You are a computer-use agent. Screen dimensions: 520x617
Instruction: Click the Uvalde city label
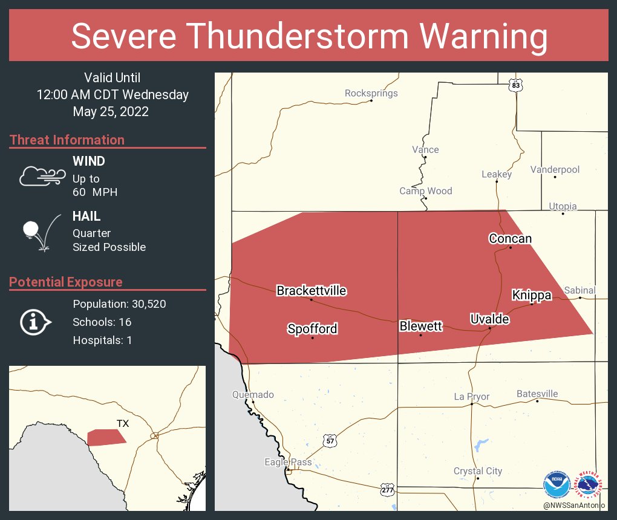pyautogui.click(x=490, y=319)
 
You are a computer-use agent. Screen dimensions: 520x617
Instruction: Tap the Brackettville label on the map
pyautogui.click(x=311, y=291)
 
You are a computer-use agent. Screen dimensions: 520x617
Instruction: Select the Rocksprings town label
pyautogui.click(x=371, y=93)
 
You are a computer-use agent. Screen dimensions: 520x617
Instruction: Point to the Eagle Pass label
pyautogui.click(x=288, y=462)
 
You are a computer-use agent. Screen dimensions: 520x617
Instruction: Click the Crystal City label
pyautogui.click(x=477, y=471)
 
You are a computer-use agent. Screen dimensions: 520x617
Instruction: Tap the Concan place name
pyautogui.click(x=510, y=238)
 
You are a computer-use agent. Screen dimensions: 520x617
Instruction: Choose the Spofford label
pyautogui.click(x=312, y=329)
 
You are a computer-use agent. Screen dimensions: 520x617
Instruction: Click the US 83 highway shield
pyautogui.click(x=515, y=85)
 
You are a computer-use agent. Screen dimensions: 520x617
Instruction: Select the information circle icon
pyautogui.click(x=35, y=322)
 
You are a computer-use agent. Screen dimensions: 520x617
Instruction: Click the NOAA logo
pyautogui.click(x=556, y=485)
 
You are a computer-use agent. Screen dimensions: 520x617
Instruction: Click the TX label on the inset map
pyautogui.click(x=123, y=424)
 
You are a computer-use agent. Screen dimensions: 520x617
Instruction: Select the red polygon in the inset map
pyautogui.click(x=106, y=437)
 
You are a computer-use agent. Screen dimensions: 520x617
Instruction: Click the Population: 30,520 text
pyautogui.click(x=119, y=304)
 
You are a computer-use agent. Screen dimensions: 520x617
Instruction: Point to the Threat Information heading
pyautogui.click(x=67, y=140)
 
